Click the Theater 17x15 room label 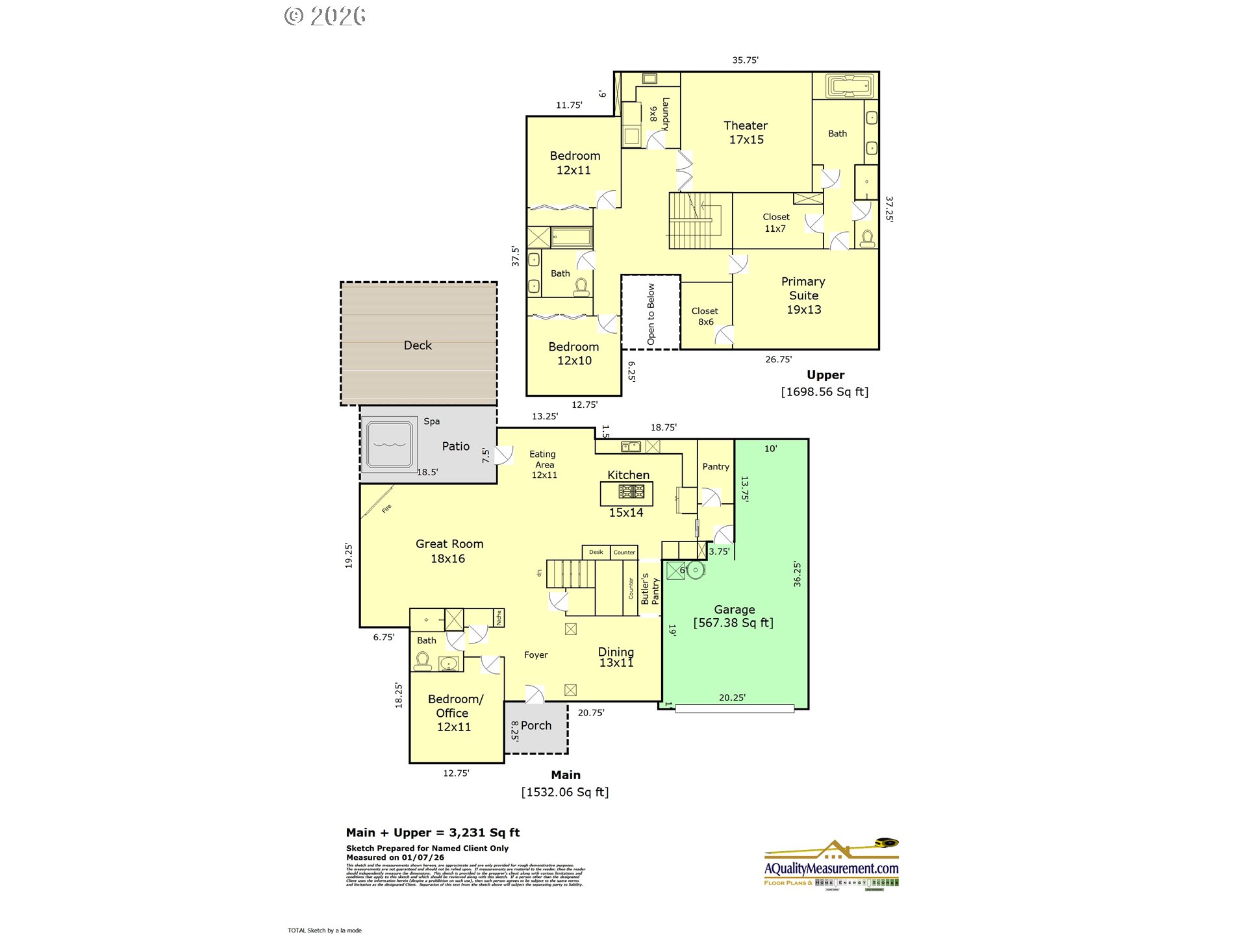tap(746, 132)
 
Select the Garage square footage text tap(733, 623)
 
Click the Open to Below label tap(651, 314)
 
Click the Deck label tap(418, 345)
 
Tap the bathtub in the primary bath tap(850, 86)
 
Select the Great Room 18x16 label tap(449, 551)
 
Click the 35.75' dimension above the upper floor tap(745, 60)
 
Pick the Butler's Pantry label tap(649, 589)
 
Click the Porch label tap(536, 725)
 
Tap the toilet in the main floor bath tap(423, 661)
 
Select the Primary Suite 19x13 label tap(803, 295)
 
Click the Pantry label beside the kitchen tap(716, 466)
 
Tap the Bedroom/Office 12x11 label tap(455, 713)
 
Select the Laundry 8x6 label tap(659, 114)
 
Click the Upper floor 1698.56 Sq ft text tap(824, 392)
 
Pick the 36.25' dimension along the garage tap(797, 574)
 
